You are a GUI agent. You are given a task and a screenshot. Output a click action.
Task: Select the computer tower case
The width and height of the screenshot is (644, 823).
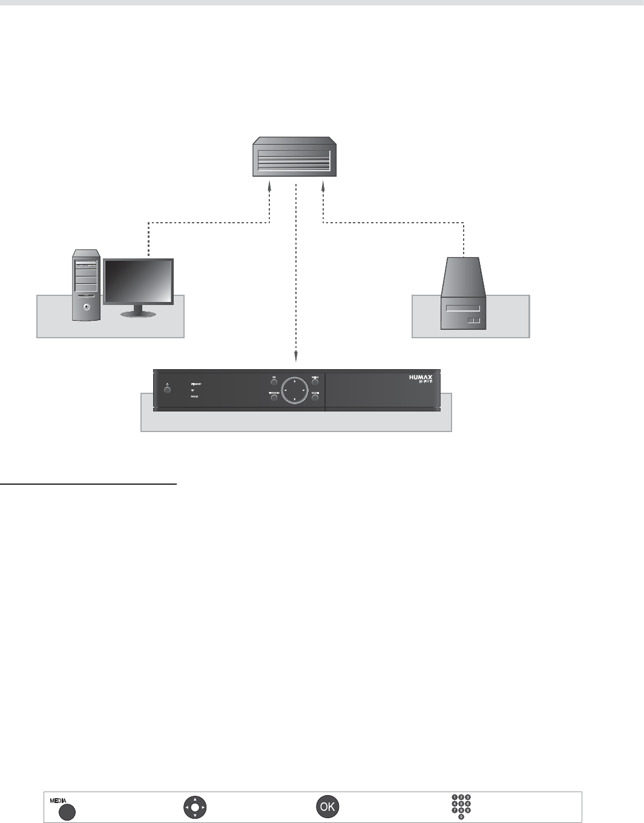(84, 284)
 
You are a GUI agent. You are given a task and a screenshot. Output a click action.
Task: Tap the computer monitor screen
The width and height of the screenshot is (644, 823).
(139, 282)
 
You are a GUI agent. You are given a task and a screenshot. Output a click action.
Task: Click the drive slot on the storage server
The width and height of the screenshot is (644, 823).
(464, 309)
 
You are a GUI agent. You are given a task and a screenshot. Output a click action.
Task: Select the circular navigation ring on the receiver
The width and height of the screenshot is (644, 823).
(294, 390)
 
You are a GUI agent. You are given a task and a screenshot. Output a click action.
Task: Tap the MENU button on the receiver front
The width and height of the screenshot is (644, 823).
(315, 382)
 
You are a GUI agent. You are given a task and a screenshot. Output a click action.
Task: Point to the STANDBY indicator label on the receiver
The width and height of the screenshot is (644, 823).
(196, 384)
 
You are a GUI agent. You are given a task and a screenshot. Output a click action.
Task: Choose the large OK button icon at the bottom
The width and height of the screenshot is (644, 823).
(327, 807)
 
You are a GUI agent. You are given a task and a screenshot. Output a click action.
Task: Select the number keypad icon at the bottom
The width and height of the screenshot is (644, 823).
(461, 807)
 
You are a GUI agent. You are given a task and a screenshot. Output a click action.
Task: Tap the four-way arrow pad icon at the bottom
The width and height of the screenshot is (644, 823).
(195, 807)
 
